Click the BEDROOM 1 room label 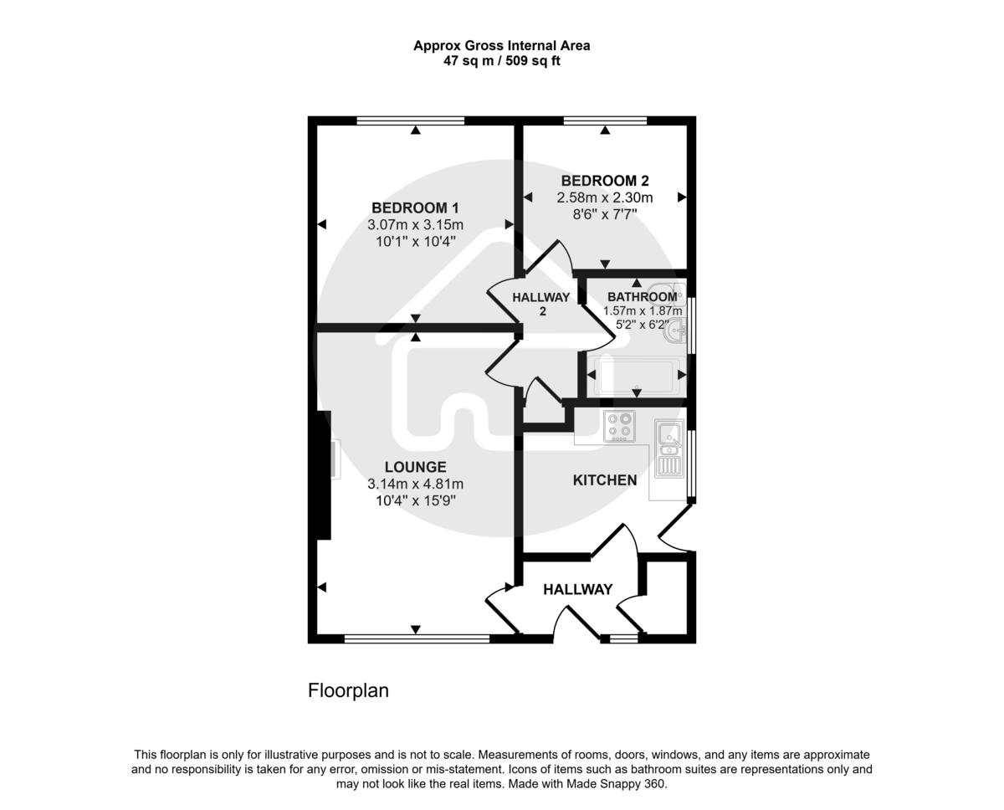tap(415, 208)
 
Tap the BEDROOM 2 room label tap(605, 181)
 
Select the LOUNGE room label tap(415, 467)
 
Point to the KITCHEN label tap(604, 480)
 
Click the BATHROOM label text tap(642, 297)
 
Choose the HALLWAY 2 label tap(541, 304)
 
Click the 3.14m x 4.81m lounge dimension tap(415, 484)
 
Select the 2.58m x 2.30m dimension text tap(605, 197)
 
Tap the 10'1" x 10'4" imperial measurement tap(415, 241)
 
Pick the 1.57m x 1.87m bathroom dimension tap(643, 310)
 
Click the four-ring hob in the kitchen tap(619, 426)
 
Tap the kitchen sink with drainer tap(669, 447)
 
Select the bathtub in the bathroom tap(636, 377)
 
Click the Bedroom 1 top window tap(410, 120)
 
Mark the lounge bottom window tap(417, 638)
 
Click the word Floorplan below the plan tap(348, 691)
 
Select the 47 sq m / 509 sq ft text tap(502, 60)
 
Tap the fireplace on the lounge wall tap(334, 459)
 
